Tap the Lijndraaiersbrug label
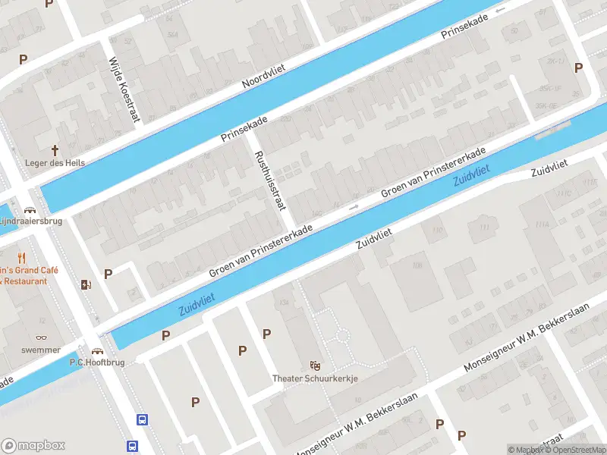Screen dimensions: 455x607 click(x=30, y=221)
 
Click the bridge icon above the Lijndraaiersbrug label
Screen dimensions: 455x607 click(x=30, y=209)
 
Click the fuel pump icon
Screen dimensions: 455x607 click(x=85, y=285)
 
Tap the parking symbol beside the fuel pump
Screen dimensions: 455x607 click(x=108, y=275)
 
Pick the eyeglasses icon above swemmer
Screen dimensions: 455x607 click(x=41, y=338)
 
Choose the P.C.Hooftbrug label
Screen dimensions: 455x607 click(x=96, y=362)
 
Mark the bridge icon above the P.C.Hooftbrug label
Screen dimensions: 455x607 click(x=97, y=350)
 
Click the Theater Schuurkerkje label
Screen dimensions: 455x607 click(x=315, y=378)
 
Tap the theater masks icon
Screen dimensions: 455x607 click(x=315, y=365)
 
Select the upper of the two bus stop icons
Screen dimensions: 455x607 click(x=141, y=419)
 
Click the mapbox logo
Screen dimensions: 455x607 click(x=33, y=445)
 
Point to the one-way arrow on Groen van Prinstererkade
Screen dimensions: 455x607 click(x=353, y=206)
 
